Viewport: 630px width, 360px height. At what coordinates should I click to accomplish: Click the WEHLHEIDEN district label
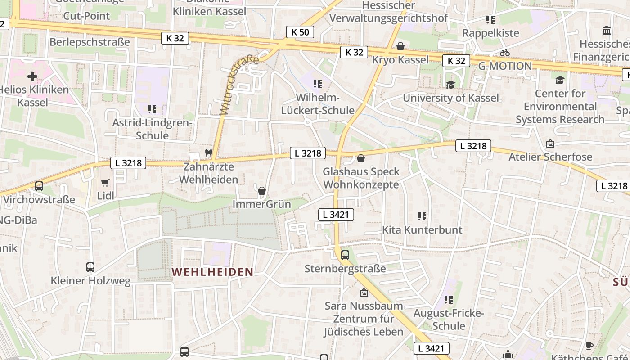tap(212, 272)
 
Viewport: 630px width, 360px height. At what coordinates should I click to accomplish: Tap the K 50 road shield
tap(300, 32)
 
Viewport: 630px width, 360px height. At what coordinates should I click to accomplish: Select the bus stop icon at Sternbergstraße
tap(345, 255)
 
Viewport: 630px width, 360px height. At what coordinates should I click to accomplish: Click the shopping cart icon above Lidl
tap(105, 183)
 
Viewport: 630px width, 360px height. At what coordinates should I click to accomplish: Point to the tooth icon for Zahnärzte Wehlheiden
tap(208, 153)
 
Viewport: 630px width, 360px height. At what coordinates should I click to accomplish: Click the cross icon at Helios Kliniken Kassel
tap(32, 76)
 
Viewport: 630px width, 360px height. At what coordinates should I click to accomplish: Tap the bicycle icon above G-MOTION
tap(505, 53)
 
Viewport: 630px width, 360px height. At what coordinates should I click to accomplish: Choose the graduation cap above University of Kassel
tap(450, 85)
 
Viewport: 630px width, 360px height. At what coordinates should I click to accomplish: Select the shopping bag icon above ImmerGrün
tap(262, 191)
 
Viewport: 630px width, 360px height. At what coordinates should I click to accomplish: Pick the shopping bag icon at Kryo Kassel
tap(400, 46)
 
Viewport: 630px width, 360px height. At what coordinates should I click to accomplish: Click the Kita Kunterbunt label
tap(422, 230)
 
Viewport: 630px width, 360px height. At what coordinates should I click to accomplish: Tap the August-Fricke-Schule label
tap(448, 319)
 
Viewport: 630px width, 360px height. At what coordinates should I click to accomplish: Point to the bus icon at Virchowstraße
tap(39, 186)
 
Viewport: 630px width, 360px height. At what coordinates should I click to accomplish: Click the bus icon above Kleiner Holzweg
tap(90, 267)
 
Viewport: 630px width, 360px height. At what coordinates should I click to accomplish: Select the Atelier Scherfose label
tap(550, 157)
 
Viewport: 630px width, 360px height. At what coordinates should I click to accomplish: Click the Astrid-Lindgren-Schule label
tap(152, 129)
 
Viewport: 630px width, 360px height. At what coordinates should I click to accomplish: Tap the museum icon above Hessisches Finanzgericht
tap(607, 31)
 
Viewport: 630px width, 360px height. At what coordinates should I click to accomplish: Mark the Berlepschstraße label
tap(90, 42)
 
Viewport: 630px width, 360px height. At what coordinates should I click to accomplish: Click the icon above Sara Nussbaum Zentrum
tap(364, 292)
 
